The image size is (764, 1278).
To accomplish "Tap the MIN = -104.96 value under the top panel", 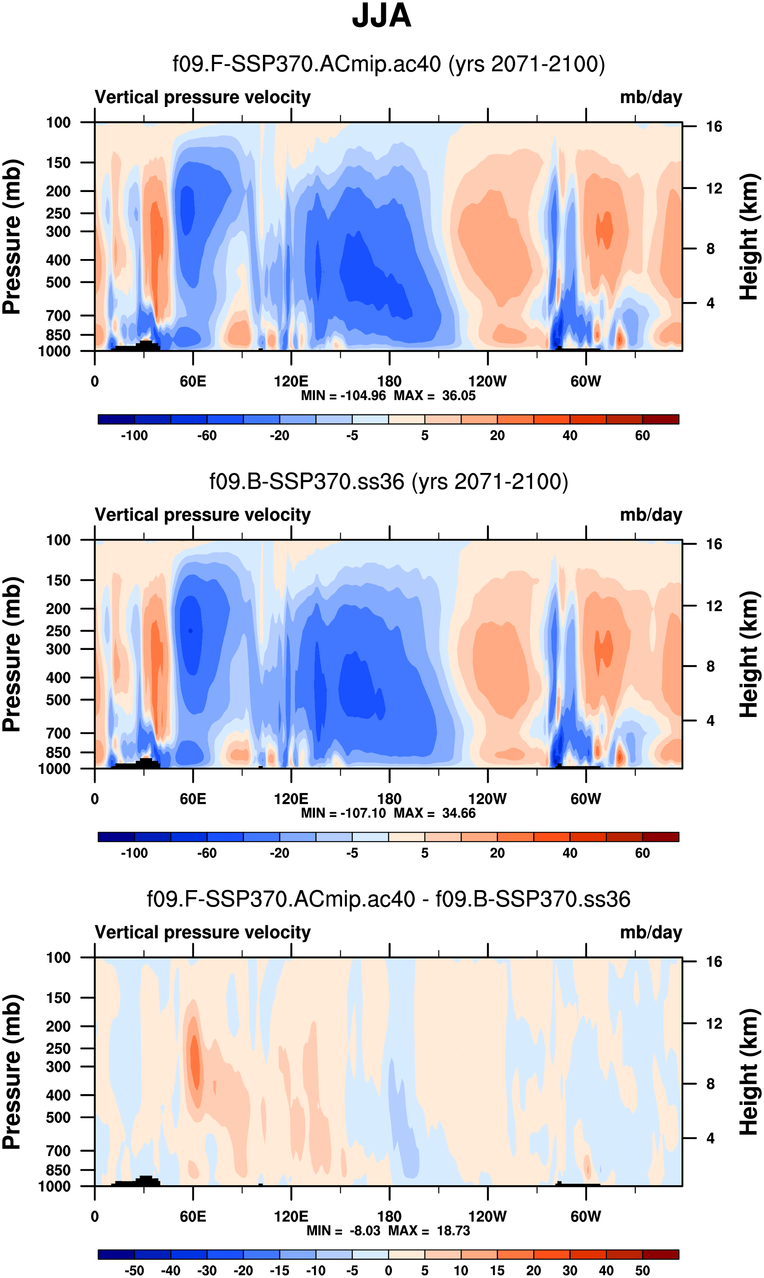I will [343, 396].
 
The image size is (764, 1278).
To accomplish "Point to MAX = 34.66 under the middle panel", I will [434, 813].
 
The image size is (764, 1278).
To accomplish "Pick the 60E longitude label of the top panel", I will [193, 381].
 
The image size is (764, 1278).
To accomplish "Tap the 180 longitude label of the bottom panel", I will [389, 1216].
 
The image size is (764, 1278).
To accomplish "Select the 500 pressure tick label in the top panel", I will [58, 283].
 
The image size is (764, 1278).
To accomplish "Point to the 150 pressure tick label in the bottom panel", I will [58, 998].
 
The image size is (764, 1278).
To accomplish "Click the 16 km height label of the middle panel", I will [714, 544].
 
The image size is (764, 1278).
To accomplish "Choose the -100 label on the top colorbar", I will [134, 436].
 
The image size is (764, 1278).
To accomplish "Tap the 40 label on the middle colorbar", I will [570, 853].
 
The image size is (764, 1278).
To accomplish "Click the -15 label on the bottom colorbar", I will [280, 1271].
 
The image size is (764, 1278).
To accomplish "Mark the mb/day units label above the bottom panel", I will [651, 933].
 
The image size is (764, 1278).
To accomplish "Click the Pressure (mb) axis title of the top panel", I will [11, 237].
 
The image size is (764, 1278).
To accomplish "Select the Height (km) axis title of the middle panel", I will [749, 654].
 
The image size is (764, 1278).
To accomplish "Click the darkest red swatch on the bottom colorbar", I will [660, 1255].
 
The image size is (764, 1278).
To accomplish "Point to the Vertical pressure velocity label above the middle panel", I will [203, 515].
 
